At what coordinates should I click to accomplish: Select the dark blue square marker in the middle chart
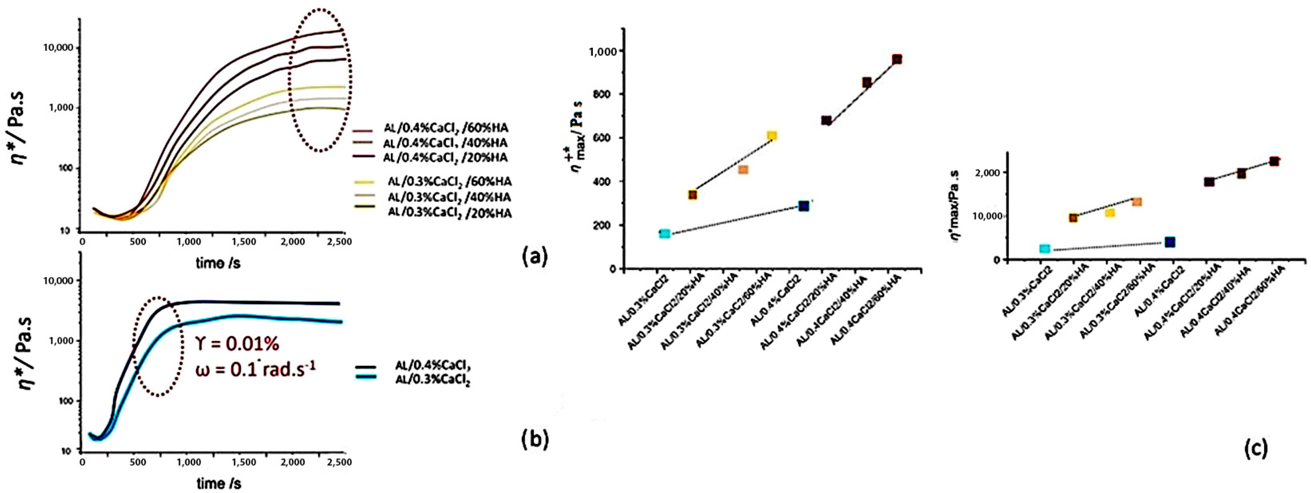point(804,206)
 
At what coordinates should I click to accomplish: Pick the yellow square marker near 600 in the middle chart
point(772,136)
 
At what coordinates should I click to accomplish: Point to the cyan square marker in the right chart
point(1045,248)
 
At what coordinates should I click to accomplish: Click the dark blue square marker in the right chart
point(1170,242)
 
